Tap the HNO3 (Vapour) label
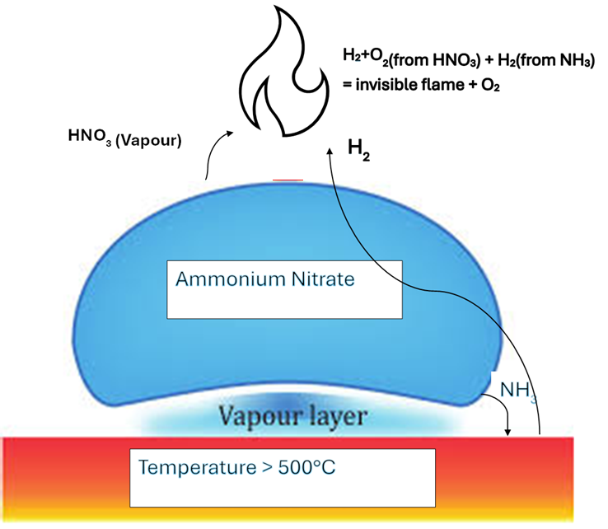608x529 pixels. pos(125,138)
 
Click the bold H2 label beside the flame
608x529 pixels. pos(358,150)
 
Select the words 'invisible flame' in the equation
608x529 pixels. pos(409,85)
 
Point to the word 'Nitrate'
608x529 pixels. pos(323,279)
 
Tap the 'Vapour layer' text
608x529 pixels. pos(292,417)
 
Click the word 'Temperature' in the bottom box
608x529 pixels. pos(198,467)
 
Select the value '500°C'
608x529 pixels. pos(306,467)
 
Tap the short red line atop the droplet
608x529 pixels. pos(288,180)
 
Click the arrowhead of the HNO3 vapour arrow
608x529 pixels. pos(230,133)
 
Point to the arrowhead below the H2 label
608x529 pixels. pos(330,152)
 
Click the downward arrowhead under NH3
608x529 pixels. pos(507,433)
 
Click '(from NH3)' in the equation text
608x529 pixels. pos(556,60)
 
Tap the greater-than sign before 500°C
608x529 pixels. pos(267,468)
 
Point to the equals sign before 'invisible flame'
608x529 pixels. pos(348,85)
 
